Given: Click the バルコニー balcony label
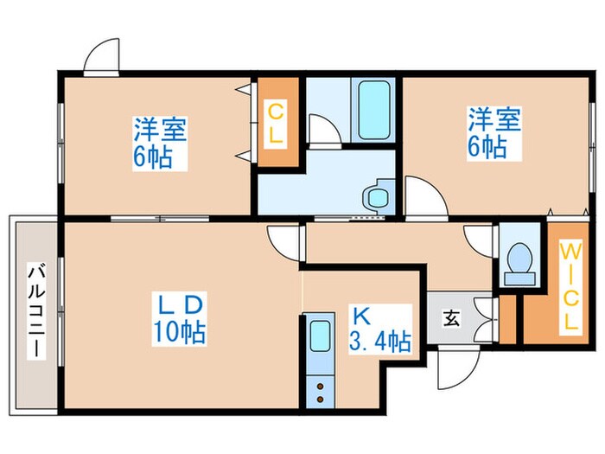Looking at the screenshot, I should pyautogui.click(x=35, y=311).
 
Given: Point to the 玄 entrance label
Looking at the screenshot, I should pyautogui.click(x=451, y=318).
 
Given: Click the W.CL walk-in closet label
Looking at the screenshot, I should pyautogui.click(x=569, y=285).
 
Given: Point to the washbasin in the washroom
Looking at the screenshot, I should pyautogui.click(x=377, y=197).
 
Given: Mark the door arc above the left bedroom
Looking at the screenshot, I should pyautogui.click(x=102, y=57).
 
